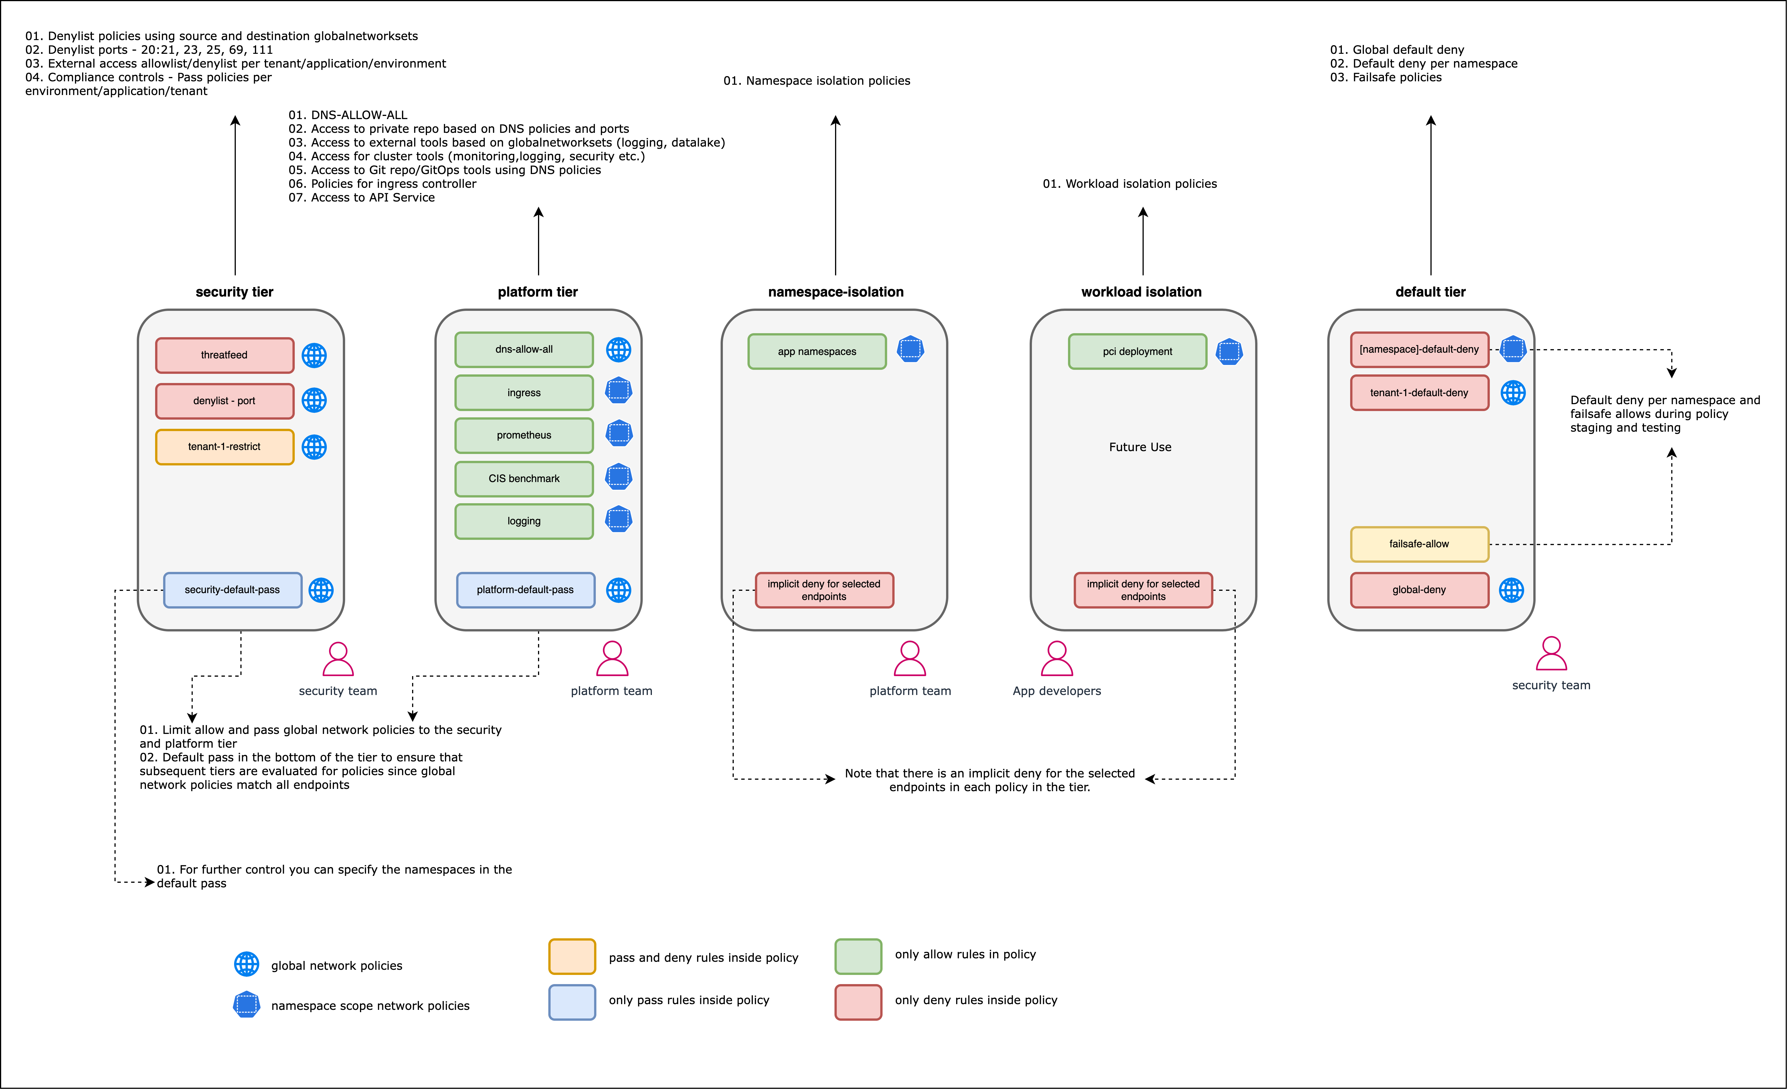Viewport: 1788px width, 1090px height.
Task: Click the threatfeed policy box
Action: pos(224,355)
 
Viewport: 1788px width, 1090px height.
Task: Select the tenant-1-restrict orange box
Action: pos(224,446)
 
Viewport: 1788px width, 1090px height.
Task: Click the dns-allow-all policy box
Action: pos(524,349)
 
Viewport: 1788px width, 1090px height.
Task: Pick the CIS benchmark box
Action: pos(524,478)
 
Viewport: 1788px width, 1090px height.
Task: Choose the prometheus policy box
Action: pos(524,435)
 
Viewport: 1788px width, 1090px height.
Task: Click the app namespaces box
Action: pos(817,351)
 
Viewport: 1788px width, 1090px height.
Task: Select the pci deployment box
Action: pos(1137,351)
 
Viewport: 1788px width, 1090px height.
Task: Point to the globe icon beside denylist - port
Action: pos(314,400)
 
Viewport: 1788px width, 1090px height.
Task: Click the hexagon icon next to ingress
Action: pos(618,390)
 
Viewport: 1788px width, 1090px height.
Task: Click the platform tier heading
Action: pos(538,292)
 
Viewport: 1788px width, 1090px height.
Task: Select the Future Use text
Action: pos(1140,447)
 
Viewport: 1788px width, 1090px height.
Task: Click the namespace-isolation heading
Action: pos(836,292)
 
